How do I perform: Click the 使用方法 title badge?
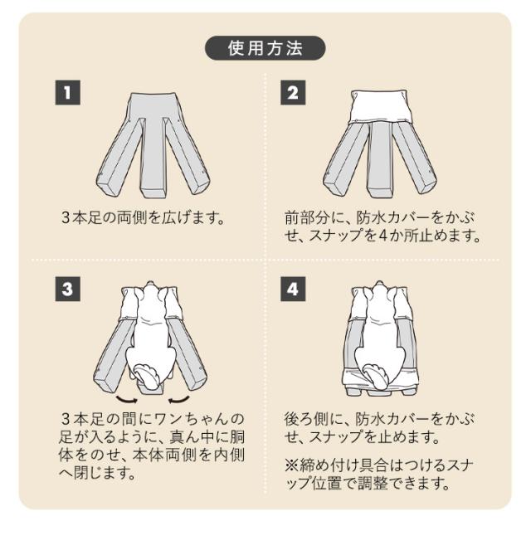(265, 48)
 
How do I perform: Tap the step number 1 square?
(67, 92)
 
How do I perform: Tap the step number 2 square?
(292, 92)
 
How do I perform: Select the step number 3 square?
(67, 290)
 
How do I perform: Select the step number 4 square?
(292, 290)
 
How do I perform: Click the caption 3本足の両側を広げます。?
(144, 218)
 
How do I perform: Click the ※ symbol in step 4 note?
(290, 464)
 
